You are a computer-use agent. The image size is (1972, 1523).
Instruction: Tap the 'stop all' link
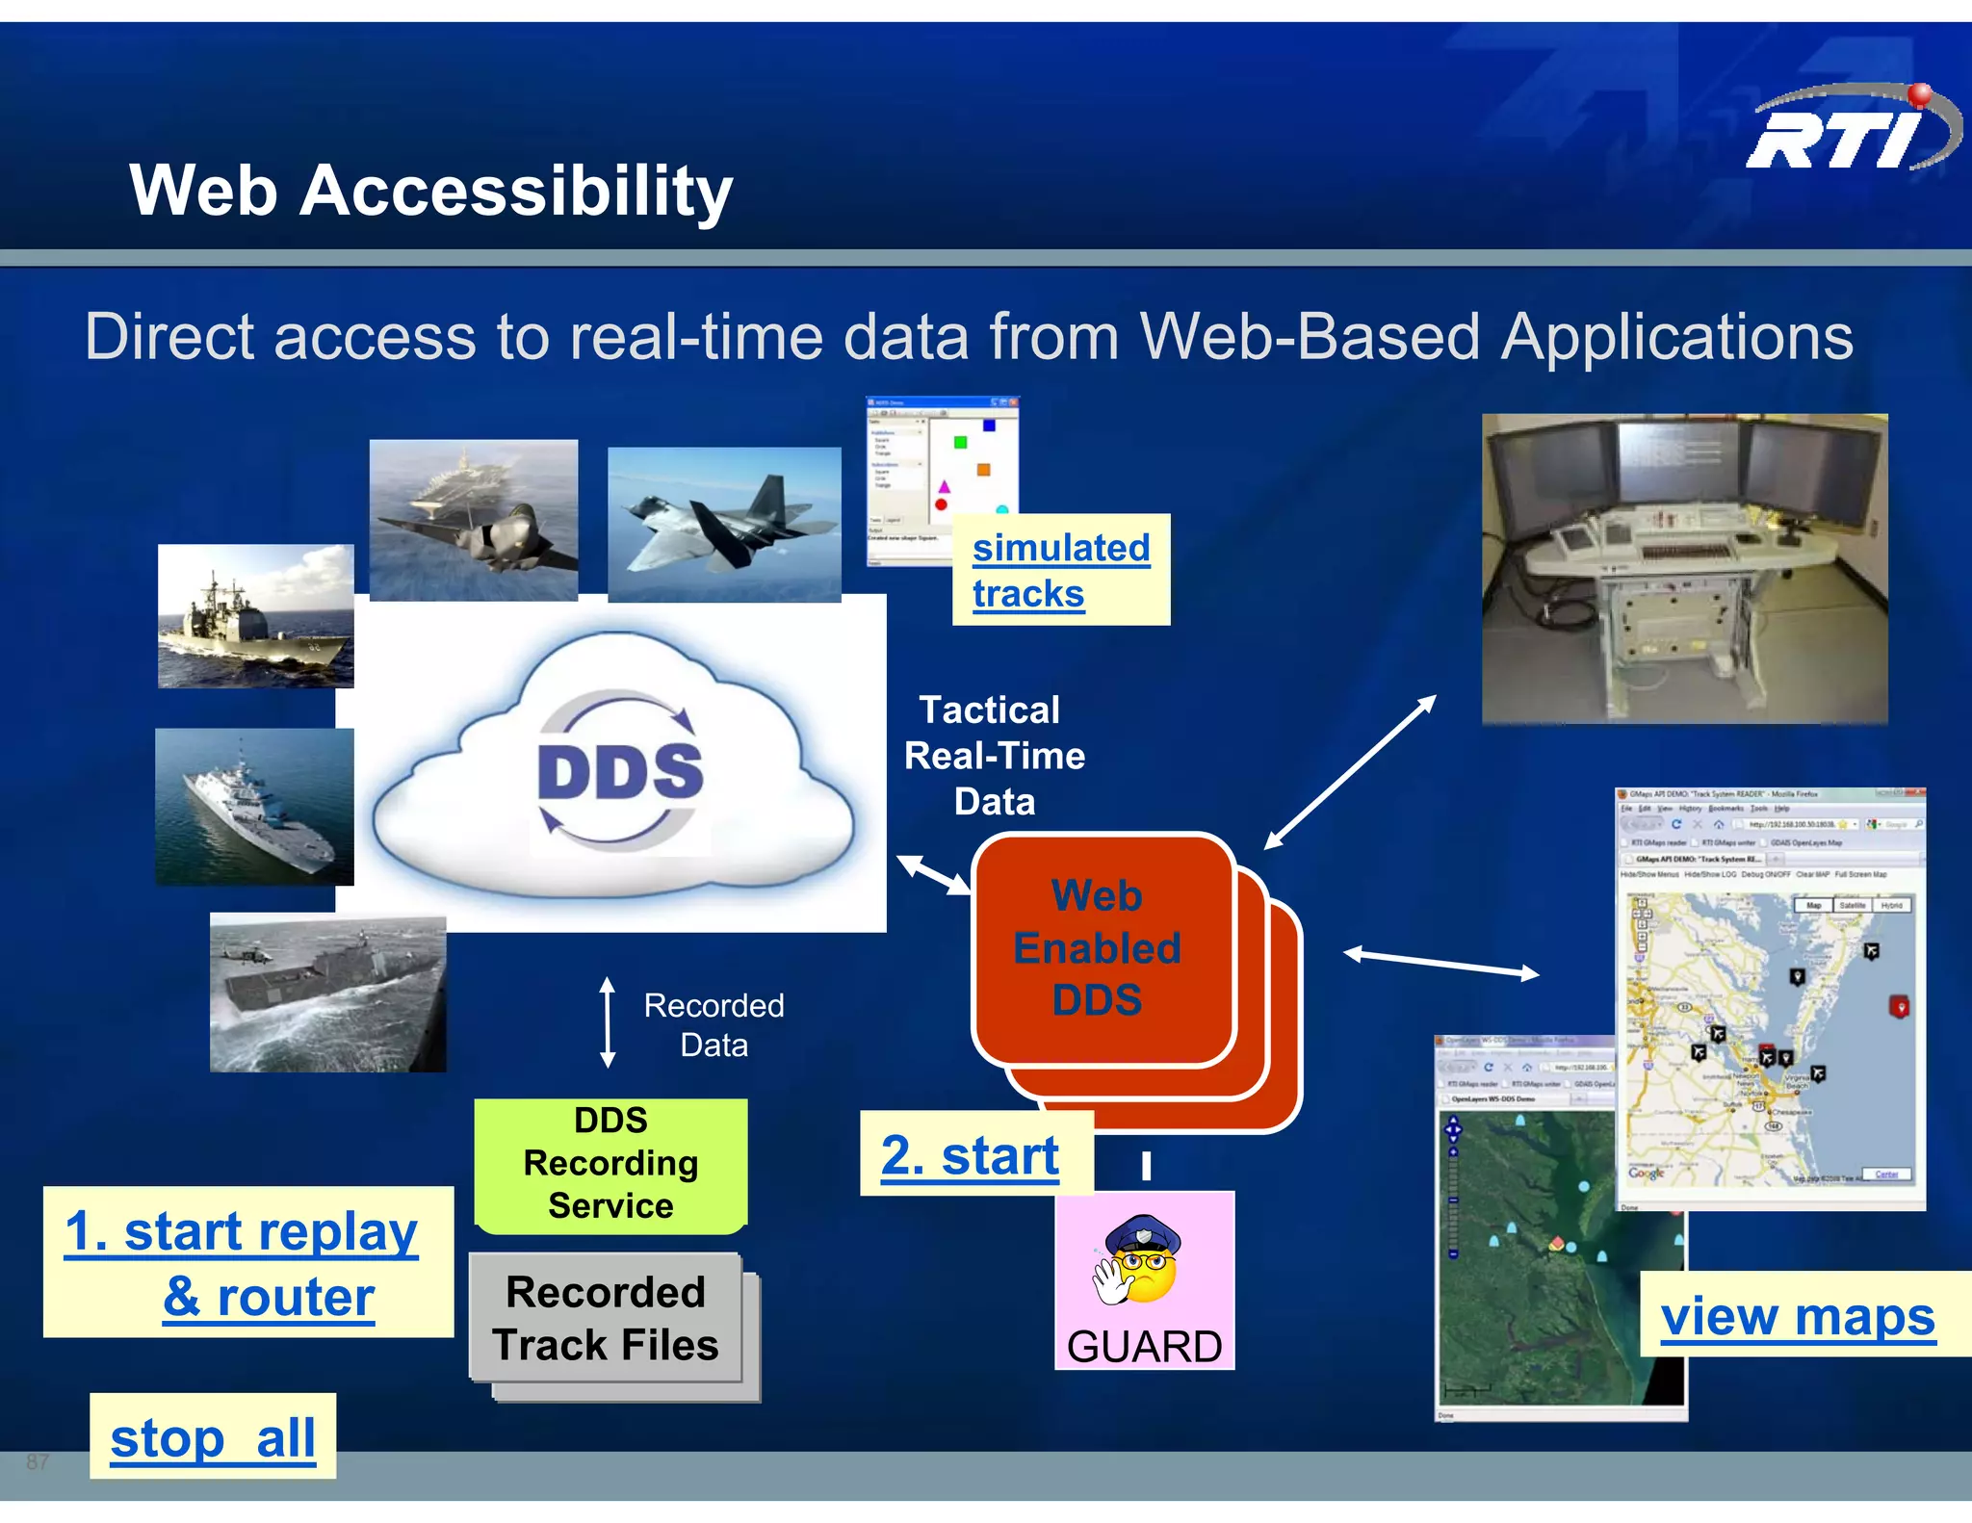(213, 1437)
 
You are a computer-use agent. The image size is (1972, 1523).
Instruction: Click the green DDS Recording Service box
(610, 1164)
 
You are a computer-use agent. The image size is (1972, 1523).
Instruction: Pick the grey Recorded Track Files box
(606, 1318)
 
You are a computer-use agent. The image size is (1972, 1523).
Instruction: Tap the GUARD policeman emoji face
(1142, 1262)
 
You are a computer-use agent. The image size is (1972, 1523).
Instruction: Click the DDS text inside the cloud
(619, 771)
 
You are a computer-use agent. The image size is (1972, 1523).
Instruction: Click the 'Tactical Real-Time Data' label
(994, 756)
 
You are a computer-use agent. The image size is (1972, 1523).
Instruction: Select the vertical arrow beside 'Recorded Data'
(608, 1022)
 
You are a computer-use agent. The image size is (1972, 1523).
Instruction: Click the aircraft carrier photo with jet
(474, 521)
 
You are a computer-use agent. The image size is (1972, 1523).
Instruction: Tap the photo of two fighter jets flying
(724, 525)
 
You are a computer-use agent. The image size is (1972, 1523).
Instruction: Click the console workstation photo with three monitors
(1684, 568)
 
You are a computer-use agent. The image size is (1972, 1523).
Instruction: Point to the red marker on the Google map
(1900, 1007)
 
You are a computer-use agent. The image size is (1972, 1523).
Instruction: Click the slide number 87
(38, 1461)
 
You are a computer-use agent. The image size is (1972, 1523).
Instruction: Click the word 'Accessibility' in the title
(516, 191)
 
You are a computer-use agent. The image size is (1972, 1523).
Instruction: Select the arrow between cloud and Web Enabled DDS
(934, 874)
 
